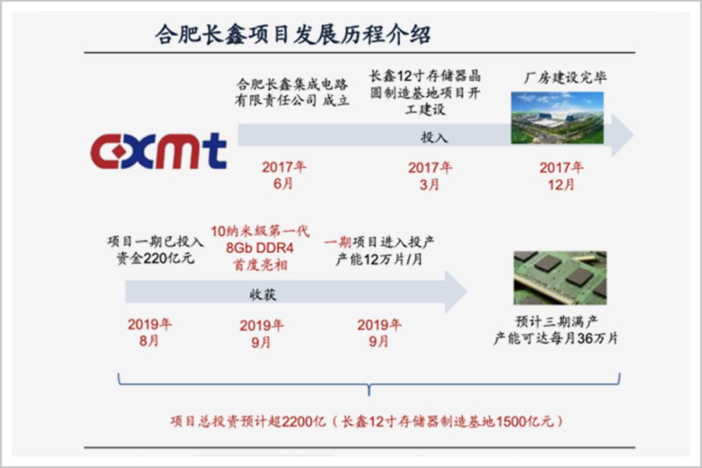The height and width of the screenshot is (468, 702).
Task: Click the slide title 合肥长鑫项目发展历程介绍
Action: pos(292,34)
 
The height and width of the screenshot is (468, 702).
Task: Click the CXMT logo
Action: pos(158,151)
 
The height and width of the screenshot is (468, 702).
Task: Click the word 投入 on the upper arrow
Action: pos(434,137)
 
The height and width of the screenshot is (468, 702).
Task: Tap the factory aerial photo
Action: pos(557,118)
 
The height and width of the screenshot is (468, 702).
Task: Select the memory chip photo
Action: pos(560,278)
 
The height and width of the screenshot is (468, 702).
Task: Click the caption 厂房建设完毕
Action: pos(565,78)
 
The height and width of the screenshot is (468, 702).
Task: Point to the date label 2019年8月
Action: pos(149,332)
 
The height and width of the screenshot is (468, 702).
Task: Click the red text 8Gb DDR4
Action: pos(260,248)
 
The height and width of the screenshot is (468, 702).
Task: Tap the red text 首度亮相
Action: pos(260,265)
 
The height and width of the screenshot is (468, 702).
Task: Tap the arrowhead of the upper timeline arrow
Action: pos(622,135)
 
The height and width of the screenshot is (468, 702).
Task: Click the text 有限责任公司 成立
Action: pos(292,101)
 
